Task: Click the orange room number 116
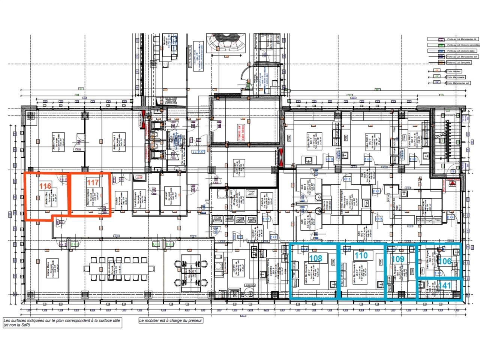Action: pyautogui.click(x=45, y=186)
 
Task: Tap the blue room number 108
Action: pyautogui.click(x=315, y=258)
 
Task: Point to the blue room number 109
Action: pyautogui.click(x=397, y=259)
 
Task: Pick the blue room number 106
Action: pyautogui.click(x=445, y=261)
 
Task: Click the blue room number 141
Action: pyautogui.click(x=445, y=285)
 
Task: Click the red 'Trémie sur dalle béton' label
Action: pyautogui.click(x=240, y=133)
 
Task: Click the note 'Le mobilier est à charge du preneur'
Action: pyautogui.click(x=171, y=321)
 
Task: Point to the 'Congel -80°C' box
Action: pyautogui.click(x=250, y=193)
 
